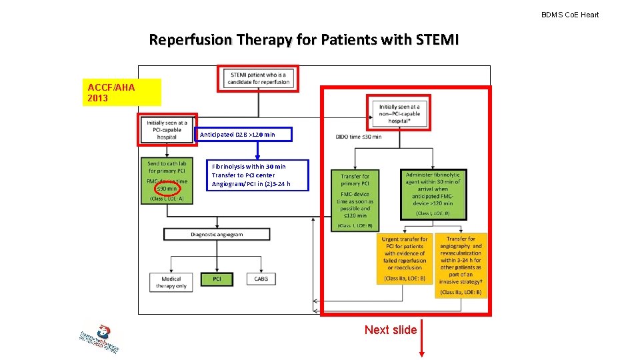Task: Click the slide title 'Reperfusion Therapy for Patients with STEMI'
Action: click(303, 40)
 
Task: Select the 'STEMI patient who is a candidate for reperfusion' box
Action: click(259, 79)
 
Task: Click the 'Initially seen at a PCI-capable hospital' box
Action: click(167, 129)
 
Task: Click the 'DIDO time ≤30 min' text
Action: click(359, 137)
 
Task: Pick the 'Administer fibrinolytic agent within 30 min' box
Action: click(433, 194)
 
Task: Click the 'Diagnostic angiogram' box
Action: click(217, 235)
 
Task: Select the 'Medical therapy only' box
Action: click(171, 283)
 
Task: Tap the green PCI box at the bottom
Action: click(217, 279)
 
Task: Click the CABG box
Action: click(261, 279)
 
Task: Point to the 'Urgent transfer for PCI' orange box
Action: click(405, 258)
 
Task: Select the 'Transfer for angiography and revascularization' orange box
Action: click(461, 265)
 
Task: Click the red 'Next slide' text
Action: click(391, 330)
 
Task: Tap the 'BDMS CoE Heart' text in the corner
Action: click(569, 15)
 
